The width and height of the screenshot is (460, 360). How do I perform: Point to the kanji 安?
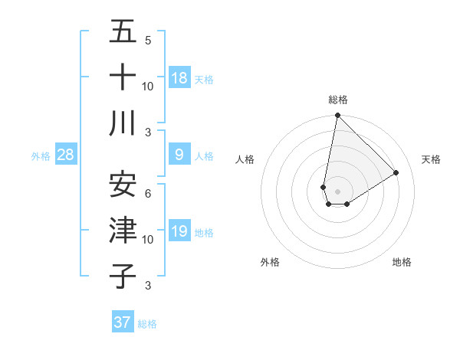pos(123,184)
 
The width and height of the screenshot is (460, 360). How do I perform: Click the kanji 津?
pos(123,230)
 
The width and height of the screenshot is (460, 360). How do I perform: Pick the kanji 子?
pos(123,276)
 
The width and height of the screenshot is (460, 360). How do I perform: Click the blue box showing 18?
pos(179,78)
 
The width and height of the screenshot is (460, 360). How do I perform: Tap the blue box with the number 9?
pos(179,155)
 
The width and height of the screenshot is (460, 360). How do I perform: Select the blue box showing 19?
pos(179,231)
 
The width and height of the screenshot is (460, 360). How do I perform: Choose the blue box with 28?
pos(66,155)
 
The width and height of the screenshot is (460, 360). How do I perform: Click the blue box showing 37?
pos(123,322)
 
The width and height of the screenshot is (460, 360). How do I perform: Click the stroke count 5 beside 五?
pos(148,40)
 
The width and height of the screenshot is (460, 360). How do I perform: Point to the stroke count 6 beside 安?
pos(148,193)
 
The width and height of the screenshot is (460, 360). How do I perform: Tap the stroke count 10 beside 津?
pos(148,240)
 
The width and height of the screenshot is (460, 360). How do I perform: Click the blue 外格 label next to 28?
pos(41,156)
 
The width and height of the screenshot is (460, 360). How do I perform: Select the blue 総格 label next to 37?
pos(147,324)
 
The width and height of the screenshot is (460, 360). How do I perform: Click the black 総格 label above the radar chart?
pos(337,100)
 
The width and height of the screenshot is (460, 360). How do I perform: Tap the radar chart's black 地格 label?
pos(402,262)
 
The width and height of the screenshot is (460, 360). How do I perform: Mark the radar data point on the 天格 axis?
pos(396,173)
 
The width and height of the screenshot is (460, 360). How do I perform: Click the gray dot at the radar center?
pos(337,189)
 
